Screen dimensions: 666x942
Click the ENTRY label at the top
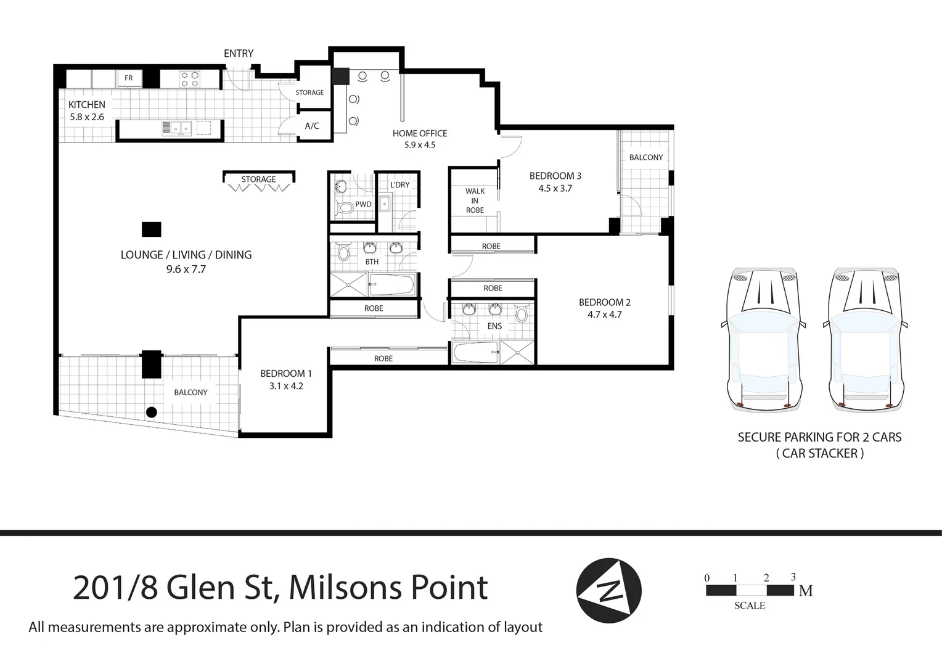[238, 54]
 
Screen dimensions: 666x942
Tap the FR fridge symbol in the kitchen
[129, 78]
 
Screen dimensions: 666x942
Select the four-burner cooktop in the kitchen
[189, 79]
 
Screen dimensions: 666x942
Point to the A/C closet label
[312, 126]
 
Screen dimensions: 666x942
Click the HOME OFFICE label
[420, 133]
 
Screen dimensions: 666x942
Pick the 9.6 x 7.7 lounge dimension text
[186, 269]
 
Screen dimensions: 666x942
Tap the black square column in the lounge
[151, 229]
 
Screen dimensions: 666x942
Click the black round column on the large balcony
[151, 412]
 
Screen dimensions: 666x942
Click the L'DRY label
[399, 184]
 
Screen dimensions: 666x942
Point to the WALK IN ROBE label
[475, 200]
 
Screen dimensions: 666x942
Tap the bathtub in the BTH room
[392, 285]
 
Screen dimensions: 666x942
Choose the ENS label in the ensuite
[494, 326]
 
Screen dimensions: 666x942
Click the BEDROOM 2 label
[604, 302]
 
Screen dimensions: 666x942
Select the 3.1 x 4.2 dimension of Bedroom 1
[286, 387]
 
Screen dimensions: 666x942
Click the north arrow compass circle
[608, 591]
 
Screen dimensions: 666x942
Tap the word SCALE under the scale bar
[749, 606]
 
